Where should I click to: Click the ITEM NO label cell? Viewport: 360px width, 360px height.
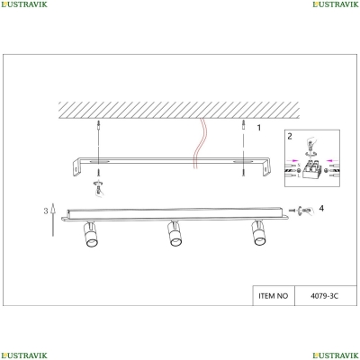click(274, 296)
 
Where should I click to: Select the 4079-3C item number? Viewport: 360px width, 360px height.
click(324, 296)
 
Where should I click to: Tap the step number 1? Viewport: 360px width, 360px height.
click(259, 128)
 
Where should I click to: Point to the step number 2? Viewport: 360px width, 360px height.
click(290, 136)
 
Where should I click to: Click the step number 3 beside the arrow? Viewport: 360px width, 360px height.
click(46, 211)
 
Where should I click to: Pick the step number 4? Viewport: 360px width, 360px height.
click(321, 208)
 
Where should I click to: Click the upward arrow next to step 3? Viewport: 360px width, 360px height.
click(53, 220)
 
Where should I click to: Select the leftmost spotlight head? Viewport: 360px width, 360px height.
click(90, 234)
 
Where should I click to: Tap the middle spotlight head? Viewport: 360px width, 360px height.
click(175, 233)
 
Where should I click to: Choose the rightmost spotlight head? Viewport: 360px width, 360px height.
click(258, 233)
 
